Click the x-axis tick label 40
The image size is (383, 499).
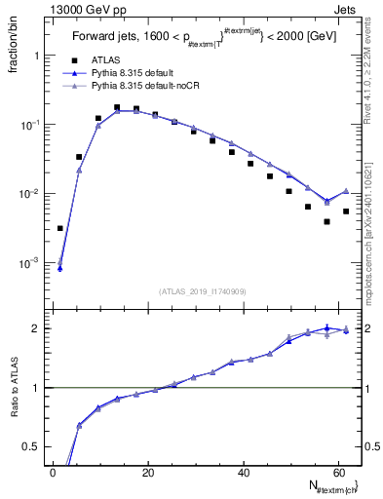click(x=245, y=472)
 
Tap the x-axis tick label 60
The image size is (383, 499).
click(x=339, y=472)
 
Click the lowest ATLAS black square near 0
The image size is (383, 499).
click(x=60, y=228)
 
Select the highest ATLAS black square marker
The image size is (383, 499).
click(x=117, y=107)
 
